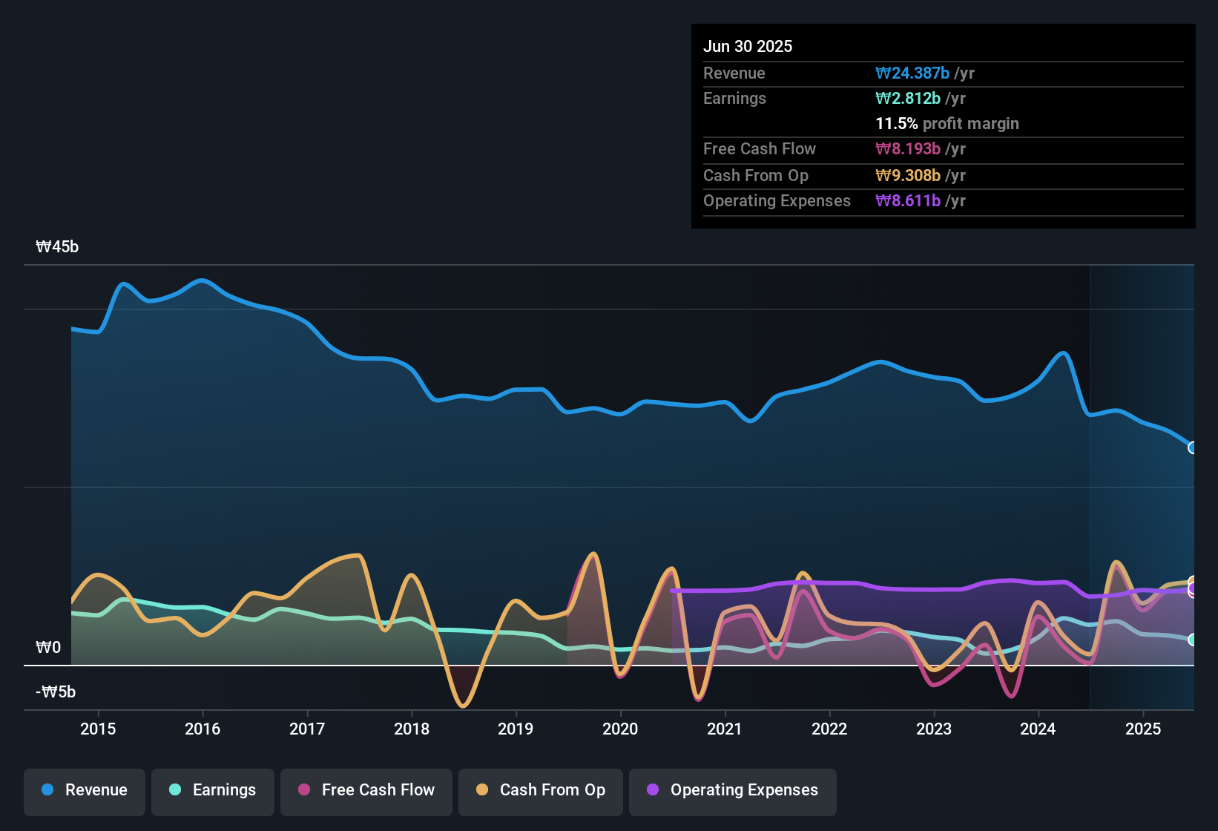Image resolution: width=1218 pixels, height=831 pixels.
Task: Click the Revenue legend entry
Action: pyautogui.click(x=85, y=790)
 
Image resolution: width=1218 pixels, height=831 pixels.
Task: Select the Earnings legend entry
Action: pyautogui.click(x=213, y=790)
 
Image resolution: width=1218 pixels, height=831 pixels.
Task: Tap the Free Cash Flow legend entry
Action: pyautogui.click(x=366, y=790)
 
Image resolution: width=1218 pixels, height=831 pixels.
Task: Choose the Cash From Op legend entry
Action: pyautogui.click(x=541, y=790)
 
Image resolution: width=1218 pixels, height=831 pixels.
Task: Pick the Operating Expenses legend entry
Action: pyautogui.click(x=733, y=790)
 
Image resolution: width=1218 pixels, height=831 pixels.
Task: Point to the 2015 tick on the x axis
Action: pyautogui.click(x=98, y=729)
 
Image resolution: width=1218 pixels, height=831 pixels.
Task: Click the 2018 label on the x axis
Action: pyautogui.click(x=412, y=729)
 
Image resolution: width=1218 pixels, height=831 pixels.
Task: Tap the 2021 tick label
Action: pyautogui.click(x=725, y=729)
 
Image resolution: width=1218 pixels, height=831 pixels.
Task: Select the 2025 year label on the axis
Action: pyautogui.click(x=1143, y=729)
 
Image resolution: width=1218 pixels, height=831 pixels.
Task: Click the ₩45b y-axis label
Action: pyautogui.click(x=57, y=247)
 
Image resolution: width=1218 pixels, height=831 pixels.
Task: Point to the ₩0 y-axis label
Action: pyautogui.click(x=48, y=648)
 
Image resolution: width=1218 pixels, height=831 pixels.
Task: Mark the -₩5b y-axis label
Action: pyautogui.click(x=56, y=692)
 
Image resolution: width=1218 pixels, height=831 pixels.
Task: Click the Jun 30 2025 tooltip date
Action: pyautogui.click(x=748, y=47)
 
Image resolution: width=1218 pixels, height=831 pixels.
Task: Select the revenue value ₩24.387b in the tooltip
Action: pyautogui.click(x=912, y=73)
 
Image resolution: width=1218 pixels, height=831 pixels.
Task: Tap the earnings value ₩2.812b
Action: pyautogui.click(x=908, y=99)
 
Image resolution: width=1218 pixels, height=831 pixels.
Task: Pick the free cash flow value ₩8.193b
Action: pyautogui.click(x=908, y=149)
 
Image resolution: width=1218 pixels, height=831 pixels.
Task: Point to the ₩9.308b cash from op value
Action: pyautogui.click(x=908, y=176)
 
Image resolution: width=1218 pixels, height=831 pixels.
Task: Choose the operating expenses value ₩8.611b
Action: pyautogui.click(x=908, y=201)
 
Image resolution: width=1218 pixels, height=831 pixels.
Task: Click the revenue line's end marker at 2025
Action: pyautogui.click(x=1193, y=447)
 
